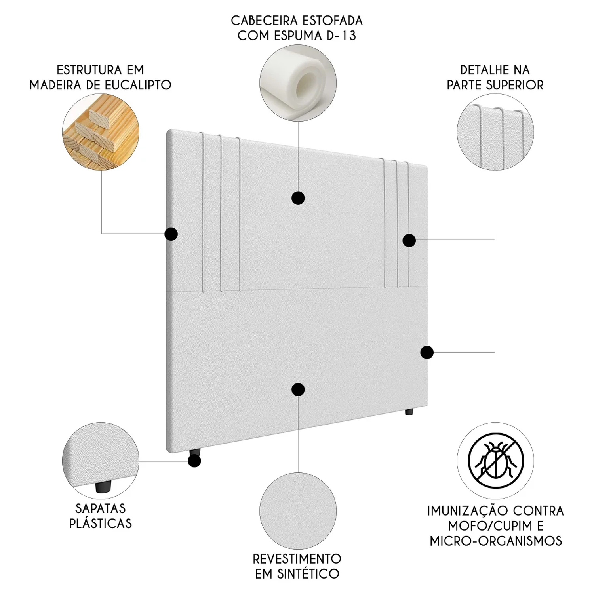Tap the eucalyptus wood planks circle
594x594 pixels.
click(x=101, y=131)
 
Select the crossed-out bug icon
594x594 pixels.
click(x=496, y=460)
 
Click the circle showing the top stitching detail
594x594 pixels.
click(x=495, y=131)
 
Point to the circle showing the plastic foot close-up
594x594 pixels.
click(x=101, y=461)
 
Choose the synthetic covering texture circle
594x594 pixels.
click(x=298, y=510)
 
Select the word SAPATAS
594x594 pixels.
click(x=101, y=508)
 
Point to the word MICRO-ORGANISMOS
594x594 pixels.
click(x=496, y=541)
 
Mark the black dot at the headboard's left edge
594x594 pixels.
click(x=171, y=234)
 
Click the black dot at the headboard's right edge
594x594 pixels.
click(x=427, y=352)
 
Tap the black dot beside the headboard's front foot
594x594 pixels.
click(x=194, y=461)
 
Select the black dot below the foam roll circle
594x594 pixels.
click(x=298, y=198)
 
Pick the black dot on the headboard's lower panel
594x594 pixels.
click(x=298, y=389)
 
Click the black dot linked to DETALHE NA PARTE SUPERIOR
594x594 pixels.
click(x=409, y=240)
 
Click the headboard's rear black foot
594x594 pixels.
click(x=409, y=412)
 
